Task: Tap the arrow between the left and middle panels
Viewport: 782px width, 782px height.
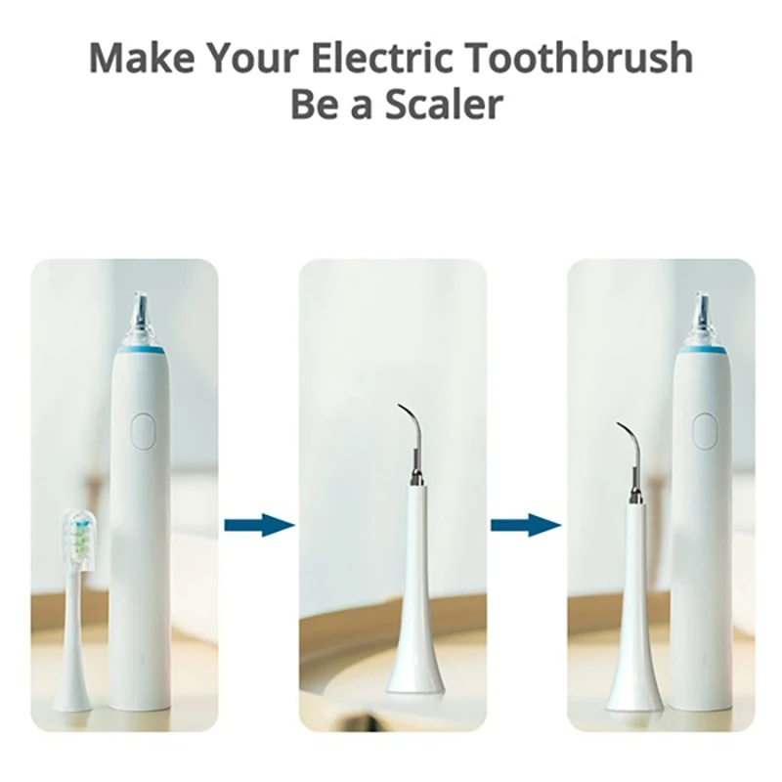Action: click(259, 525)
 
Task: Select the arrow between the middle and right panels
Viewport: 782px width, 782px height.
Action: click(525, 525)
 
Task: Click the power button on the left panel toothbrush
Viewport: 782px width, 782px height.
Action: click(143, 431)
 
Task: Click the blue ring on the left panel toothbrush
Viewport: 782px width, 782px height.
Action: click(139, 345)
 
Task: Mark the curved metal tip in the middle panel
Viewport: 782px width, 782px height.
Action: click(412, 430)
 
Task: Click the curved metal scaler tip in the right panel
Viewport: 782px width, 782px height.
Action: click(630, 450)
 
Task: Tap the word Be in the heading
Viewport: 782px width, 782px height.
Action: click(317, 105)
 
